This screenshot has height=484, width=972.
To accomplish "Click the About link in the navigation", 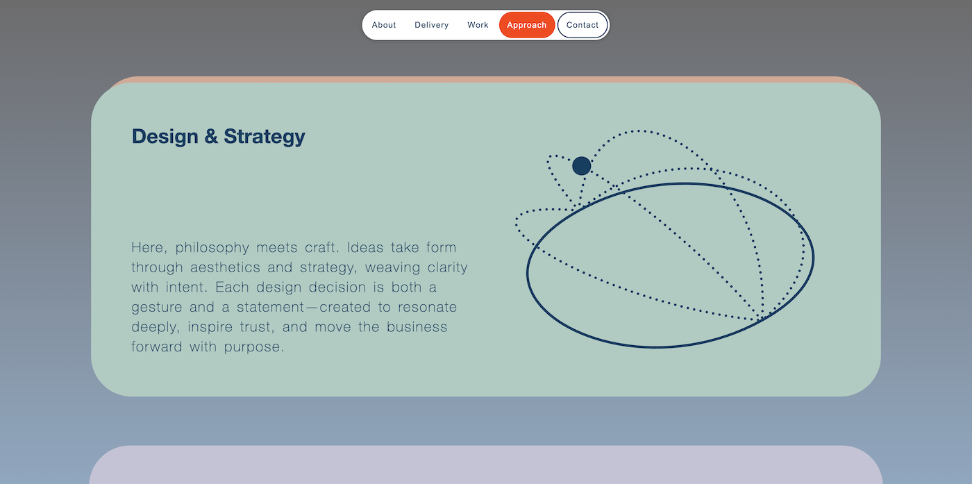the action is [x=383, y=25].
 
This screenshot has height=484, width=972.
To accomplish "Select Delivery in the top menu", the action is [x=431, y=25].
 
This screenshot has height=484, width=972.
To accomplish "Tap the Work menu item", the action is [x=478, y=25].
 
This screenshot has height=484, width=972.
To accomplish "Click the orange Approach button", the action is [x=527, y=25].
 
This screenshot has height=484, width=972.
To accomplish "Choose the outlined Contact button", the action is [x=583, y=25].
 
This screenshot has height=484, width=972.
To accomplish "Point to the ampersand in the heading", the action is [x=211, y=136].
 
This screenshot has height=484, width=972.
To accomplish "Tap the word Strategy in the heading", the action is [x=265, y=137].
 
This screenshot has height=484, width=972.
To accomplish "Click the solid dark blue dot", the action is [x=582, y=166].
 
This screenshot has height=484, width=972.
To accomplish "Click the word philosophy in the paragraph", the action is [x=212, y=248].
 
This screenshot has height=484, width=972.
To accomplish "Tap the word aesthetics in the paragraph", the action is [x=225, y=267].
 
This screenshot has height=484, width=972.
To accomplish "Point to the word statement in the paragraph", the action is [x=270, y=308].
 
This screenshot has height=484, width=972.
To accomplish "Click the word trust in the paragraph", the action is [x=258, y=327].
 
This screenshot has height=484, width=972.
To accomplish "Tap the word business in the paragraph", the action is [x=417, y=327].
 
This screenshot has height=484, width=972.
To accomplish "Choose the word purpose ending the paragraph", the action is [x=254, y=347].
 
